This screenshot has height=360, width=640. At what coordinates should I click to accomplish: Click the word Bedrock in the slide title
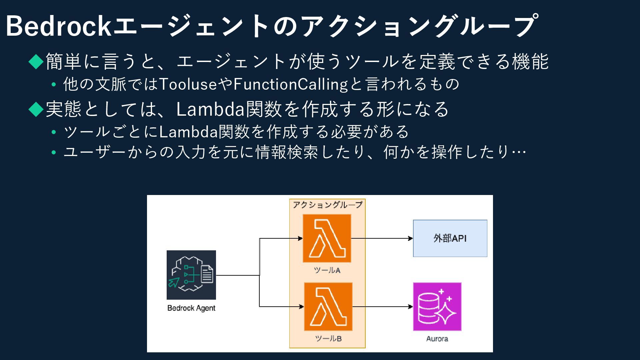pos(58,26)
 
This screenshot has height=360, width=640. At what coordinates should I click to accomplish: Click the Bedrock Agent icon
pos(191,275)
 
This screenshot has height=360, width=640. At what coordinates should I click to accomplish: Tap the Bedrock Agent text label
pos(191,308)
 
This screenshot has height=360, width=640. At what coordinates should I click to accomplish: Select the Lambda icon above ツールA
pos(327,238)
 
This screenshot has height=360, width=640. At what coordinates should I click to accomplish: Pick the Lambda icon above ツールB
pos(328,307)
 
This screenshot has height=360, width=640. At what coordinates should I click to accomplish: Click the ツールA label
pos(327,270)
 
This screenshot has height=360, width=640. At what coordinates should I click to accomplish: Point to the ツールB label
pos(328,339)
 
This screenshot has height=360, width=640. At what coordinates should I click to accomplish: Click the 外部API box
pos(450,238)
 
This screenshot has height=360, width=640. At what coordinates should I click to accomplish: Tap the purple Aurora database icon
pos(437,307)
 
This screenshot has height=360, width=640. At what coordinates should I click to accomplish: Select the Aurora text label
pos(437,339)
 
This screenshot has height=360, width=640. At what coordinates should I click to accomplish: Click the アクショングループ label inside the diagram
pos(327,205)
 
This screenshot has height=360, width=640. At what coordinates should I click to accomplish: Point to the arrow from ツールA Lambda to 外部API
pos(382,238)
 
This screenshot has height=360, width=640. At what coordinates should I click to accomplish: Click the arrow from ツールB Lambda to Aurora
pos(383,307)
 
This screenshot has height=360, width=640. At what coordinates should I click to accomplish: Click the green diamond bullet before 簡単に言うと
pos(36,61)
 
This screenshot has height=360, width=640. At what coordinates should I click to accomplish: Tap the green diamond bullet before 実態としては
pos(36,109)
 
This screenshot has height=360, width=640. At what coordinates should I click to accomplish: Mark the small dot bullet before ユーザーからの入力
pos(54,152)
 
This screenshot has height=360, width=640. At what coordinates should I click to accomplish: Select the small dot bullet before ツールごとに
pos(54,132)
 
